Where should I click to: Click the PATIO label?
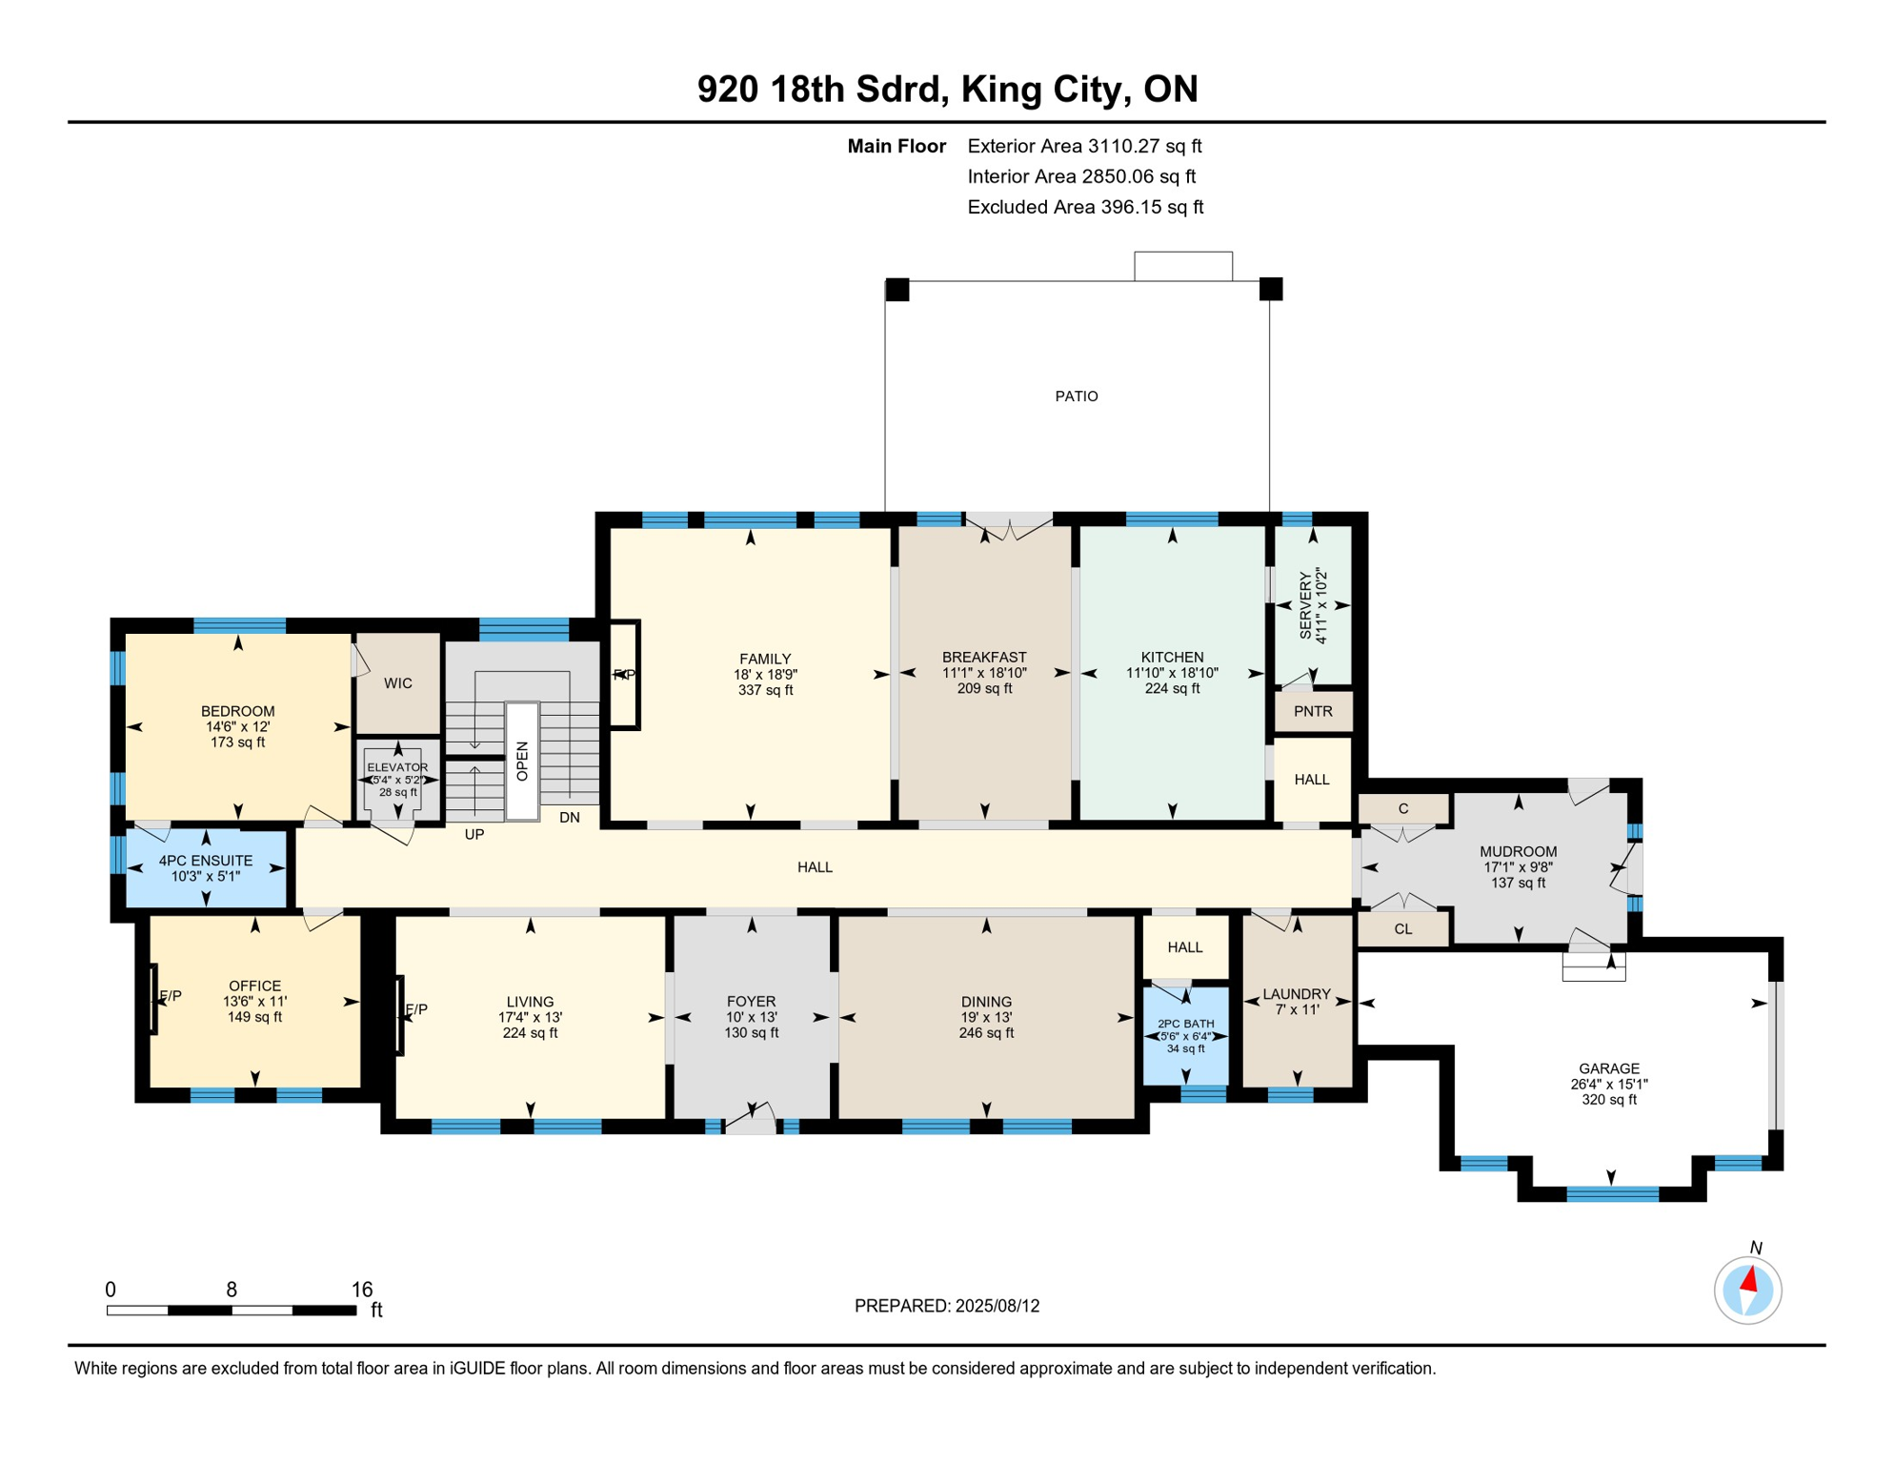tap(1076, 396)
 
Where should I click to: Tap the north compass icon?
tap(1747, 1291)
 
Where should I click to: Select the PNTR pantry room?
tap(1313, 712)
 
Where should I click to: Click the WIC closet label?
tap(398, 683)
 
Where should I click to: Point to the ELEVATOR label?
tap(397, 767)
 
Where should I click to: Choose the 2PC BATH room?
tap(1185, 1036)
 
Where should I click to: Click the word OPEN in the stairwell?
tap(522, 761)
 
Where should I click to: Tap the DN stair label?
tap(570, 818)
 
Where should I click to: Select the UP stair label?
tap(474, 835)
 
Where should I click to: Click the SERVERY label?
tap(1305, 605)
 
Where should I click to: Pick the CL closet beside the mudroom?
tap(1403, 929)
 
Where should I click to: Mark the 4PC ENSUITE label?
tap(206, 861)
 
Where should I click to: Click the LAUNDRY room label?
tap(1297, 994)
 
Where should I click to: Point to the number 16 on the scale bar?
tap(362, 1290)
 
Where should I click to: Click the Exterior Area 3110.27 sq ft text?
tap(1084, 146)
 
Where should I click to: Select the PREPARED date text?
tap(947, 1306)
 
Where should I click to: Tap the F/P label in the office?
tap(171, 996)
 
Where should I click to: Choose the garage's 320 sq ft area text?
tap(1609, 1100)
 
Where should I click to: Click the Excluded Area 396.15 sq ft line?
tap(1085, 207)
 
